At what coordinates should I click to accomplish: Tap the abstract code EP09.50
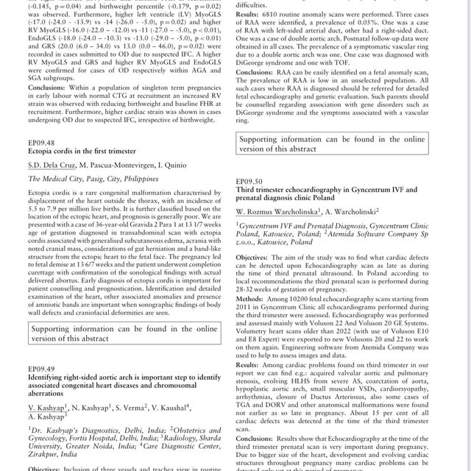(249, 180)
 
